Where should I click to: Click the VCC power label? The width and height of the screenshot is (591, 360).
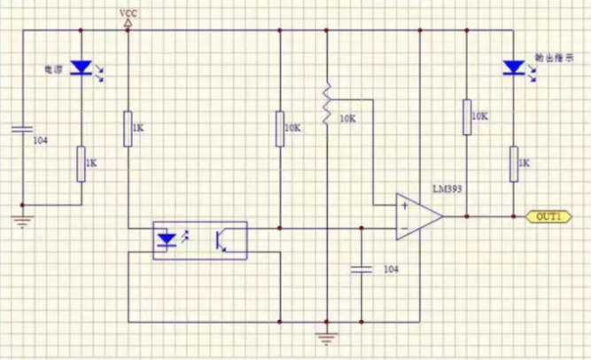[x=128, y=13]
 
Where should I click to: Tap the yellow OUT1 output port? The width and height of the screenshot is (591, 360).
[x=548, y=215]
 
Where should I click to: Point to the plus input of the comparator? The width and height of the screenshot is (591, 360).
[x=403, y=206]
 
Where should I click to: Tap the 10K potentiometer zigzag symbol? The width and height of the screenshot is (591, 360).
[x=327, y=103]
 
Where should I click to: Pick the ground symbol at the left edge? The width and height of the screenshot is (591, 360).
[x=23, y=216]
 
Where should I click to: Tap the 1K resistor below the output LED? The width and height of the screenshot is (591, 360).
[x=512, y=163]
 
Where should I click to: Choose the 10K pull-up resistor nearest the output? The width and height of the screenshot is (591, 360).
[x=464, y=116]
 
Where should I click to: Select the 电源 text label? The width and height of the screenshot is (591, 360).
[x=52, y=67]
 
